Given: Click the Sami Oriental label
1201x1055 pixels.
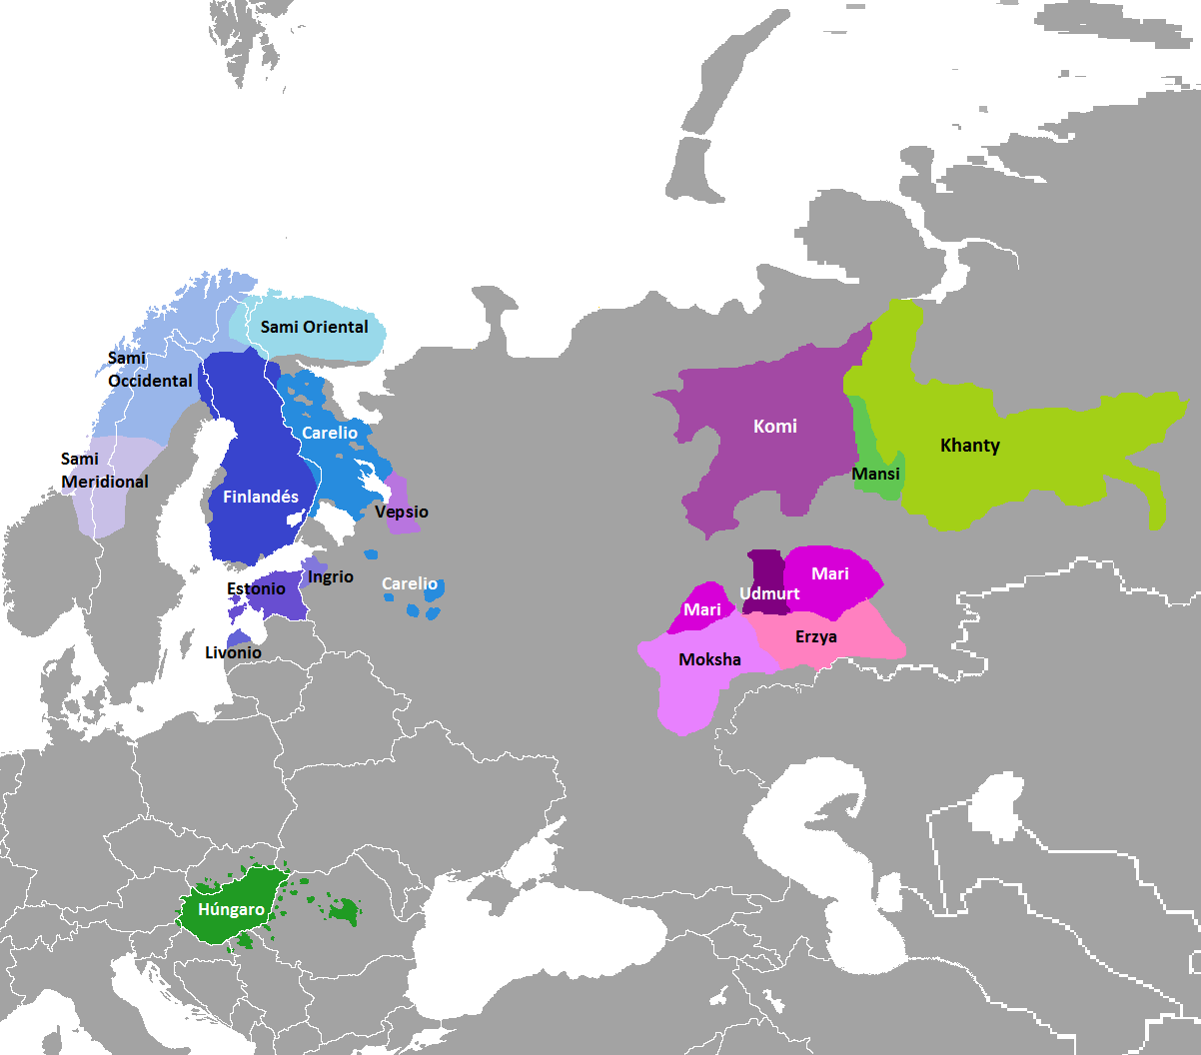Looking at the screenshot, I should (314, 327).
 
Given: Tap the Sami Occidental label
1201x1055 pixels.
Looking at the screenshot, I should (150, 370).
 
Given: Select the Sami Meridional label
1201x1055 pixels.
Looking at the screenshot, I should (105, 471).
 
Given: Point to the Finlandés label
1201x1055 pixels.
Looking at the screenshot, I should (261, 497).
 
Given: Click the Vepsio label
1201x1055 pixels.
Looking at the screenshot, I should (402, 512).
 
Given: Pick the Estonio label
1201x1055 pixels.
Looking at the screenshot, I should (256, 588).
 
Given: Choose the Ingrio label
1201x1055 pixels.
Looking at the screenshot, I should (331, 576).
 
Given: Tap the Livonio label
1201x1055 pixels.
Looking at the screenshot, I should (233, 652).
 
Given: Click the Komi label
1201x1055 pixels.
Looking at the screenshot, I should (775, 427).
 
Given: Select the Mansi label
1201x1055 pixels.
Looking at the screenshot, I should (876, 474).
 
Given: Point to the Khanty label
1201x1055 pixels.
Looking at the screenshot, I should (970, 446).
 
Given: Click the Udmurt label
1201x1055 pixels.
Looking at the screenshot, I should (769, 593).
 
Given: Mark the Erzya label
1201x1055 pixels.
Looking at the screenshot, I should (816, 636).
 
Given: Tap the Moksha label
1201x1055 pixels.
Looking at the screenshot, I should (709, 659).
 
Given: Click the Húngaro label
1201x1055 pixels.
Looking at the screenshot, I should (232, 909).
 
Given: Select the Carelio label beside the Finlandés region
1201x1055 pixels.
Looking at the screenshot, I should (330, 433).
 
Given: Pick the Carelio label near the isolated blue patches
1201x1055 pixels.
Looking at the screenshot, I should (410, 583).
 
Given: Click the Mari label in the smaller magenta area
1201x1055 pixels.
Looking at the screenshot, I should (702, 609).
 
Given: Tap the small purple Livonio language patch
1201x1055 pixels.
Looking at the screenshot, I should (238, 638).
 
